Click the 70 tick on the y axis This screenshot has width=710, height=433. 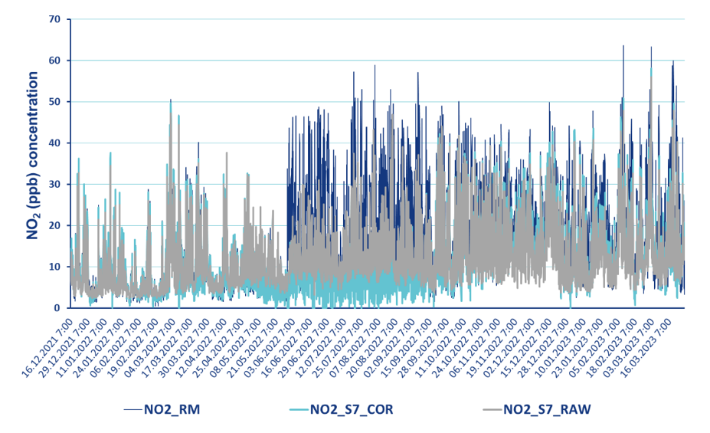pyautogui.click(x=54, y=19)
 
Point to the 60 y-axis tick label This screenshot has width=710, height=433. pyautogui.click(x=54, y=61)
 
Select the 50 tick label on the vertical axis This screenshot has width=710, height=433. pyautogui.click(x=54, y=102)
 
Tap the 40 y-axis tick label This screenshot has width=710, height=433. pyautogui.click(x=54, y=143)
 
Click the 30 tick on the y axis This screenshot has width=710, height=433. pyautogui.click(x=54, y=185)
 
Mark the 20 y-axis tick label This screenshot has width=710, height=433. pyautogui.click(x=54, y=226)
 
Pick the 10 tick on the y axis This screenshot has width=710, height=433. pyautogui.click(x=54, y=267)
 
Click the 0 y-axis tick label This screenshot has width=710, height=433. pyautogui.click(x=57, y=308)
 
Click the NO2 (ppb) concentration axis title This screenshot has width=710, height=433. pyautogui.click(x=33, y=155)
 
